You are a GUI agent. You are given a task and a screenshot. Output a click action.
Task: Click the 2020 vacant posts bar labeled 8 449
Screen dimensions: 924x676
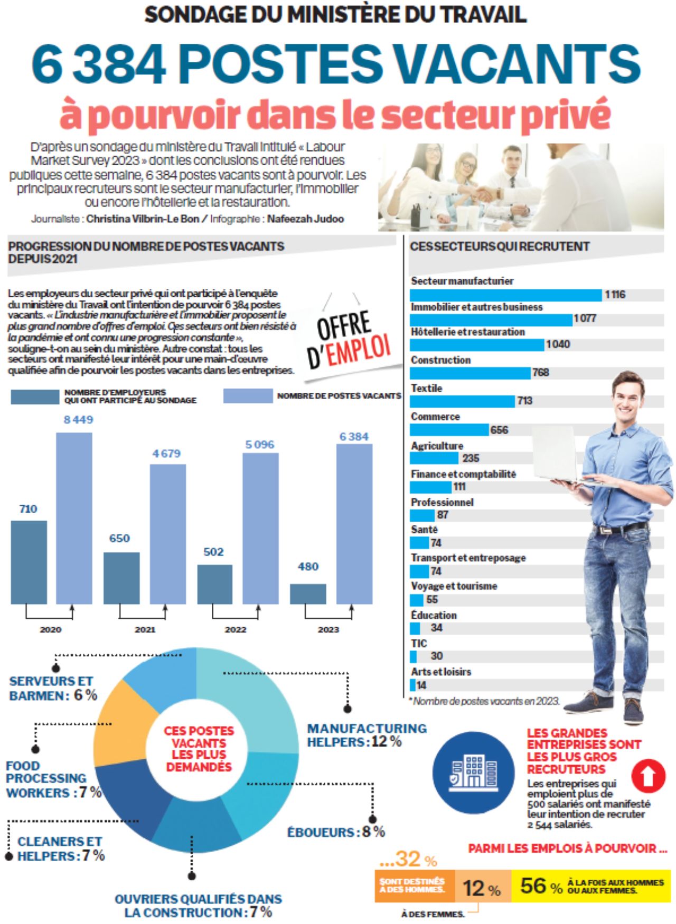pos(74,517)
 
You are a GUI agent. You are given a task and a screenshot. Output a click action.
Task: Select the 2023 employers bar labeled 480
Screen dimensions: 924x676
pos(308,593)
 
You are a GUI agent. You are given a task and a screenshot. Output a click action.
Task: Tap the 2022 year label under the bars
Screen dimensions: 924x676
pos(236,629)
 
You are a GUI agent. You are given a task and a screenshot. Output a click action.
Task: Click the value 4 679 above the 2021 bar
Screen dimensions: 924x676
pos(166,454)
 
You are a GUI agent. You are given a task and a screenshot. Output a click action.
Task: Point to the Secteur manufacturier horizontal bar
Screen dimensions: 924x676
pos(505,295)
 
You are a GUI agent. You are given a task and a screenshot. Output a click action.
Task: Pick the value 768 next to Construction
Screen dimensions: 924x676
pos(541,372)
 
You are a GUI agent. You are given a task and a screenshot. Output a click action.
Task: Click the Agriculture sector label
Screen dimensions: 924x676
pos(437,446)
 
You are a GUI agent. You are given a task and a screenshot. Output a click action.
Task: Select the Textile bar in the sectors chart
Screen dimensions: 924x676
pos(462,401)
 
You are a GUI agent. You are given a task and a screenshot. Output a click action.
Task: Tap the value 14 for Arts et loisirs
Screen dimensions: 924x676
pos(421,685)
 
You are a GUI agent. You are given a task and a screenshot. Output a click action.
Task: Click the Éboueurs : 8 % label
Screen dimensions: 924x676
pos(336,832)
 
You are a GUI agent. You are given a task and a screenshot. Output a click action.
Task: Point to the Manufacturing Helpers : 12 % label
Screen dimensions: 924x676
pos(367,735)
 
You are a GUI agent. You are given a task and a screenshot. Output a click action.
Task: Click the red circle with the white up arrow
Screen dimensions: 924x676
pos(649,776)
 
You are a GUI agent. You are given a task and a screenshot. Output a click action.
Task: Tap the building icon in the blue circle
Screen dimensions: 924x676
pos(473,772)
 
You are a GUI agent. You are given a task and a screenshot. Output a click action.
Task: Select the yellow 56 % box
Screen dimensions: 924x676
pos(590,886)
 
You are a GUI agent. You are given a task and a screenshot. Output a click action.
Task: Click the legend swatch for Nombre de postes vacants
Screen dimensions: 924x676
pos(248,396)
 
